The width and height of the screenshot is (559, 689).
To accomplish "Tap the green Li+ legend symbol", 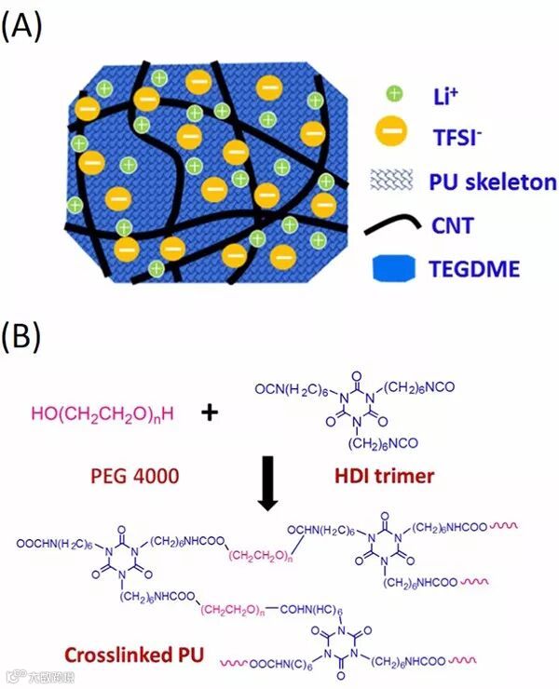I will click(x=394, y=92).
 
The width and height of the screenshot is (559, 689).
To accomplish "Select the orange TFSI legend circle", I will click(x=394, y=136).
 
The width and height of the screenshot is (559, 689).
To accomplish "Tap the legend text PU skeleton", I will click(x=493, y=182).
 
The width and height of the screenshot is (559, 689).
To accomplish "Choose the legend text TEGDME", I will click(x=472, y=270).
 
